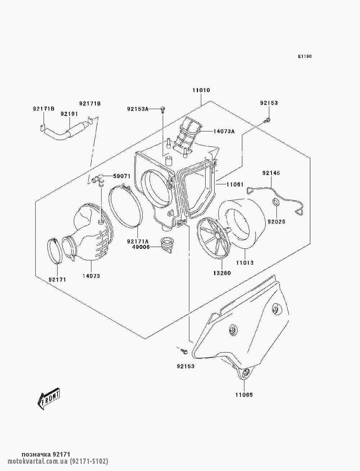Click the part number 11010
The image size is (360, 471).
click(201, 90)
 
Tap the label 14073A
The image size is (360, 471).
click(224, 131)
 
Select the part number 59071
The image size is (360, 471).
click(122, 176)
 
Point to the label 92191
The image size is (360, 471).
click(69, 114)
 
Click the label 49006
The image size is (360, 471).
click(141, 247)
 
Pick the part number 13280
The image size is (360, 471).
click(222, 273)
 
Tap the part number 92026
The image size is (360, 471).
click(276, 222)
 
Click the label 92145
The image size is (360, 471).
click(271, 173)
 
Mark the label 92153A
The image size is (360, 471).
click(138, 109)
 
